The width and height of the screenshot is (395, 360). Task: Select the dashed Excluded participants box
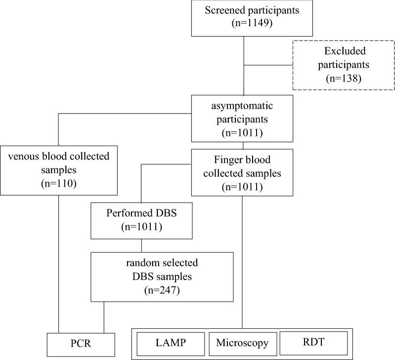(x=343, y=64)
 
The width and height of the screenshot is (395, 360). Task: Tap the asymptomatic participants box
(x=242, y=119)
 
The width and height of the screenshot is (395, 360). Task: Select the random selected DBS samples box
(x=162, y=277)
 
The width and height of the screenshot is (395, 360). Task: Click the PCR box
(x=82, y=344)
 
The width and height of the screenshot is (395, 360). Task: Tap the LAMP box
(x=171, y=343)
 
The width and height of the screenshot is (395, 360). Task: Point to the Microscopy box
(x=242, y=343)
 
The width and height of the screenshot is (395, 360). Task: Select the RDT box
(x=313, y=342)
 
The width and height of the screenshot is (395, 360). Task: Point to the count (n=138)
(x=343, y=78)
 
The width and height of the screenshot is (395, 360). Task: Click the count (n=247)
(x=162, y=290)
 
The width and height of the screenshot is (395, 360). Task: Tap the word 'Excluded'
(x=343, y=51)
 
